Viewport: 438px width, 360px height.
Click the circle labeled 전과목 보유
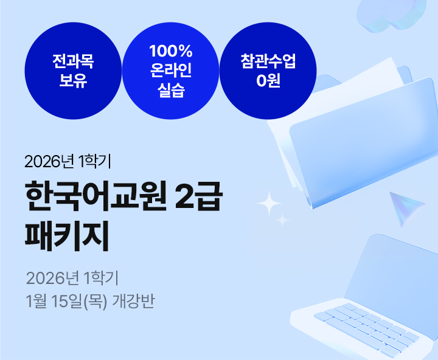[x=73, y=71]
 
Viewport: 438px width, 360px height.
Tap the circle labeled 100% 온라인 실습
[x=170, y=71]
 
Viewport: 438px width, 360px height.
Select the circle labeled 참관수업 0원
[x=268, y=71]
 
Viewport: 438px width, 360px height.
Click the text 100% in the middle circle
[x=171, y=50]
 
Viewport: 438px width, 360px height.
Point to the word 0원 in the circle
[x=268, y=81]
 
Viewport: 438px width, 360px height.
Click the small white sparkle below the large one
[x=282, y=220]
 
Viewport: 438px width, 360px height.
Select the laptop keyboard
[x=365, y=325]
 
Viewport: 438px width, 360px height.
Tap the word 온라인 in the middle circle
[x=171, y=71]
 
